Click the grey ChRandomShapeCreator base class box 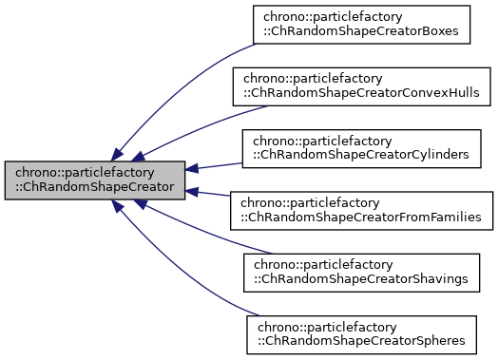(x=94, y=180)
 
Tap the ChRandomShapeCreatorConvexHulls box (x=361, y=85)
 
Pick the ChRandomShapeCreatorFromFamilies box (x=361, y=210)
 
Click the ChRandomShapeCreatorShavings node (x=361, y=272)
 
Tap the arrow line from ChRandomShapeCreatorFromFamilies (x=214, y=195)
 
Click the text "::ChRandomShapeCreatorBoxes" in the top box (x=361, y=32)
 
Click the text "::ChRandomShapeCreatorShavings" (x=361, y=279)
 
